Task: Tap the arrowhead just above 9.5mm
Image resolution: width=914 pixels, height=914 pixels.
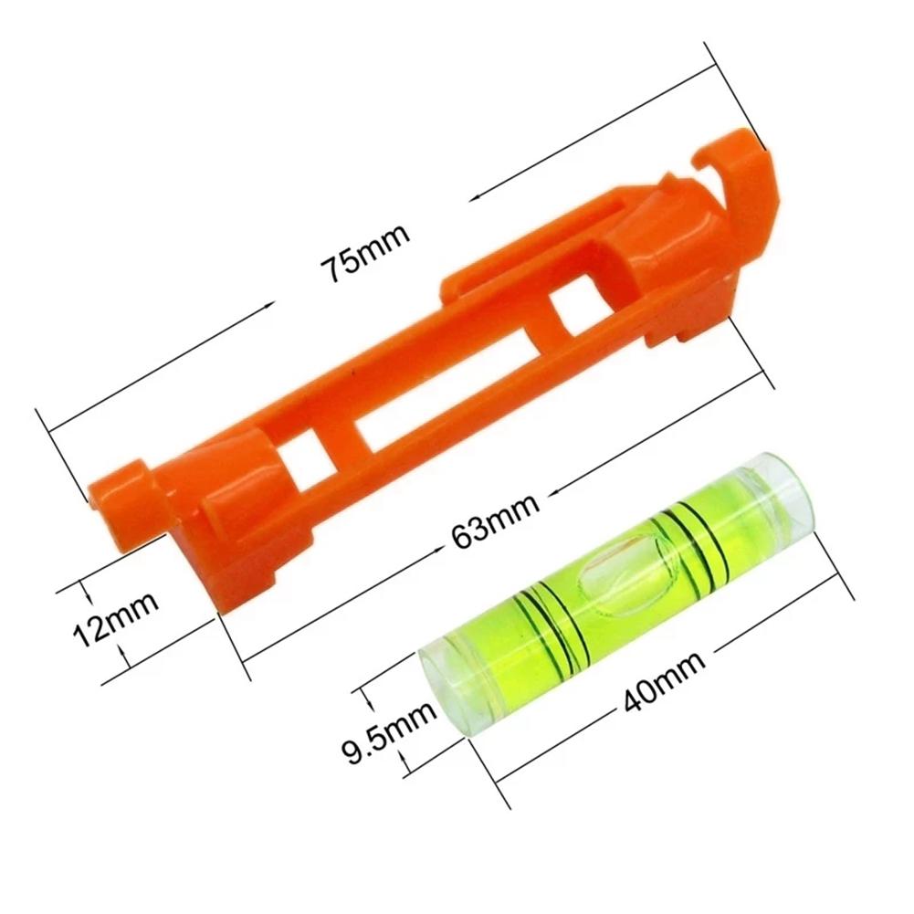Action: click(x=368, y=701)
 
